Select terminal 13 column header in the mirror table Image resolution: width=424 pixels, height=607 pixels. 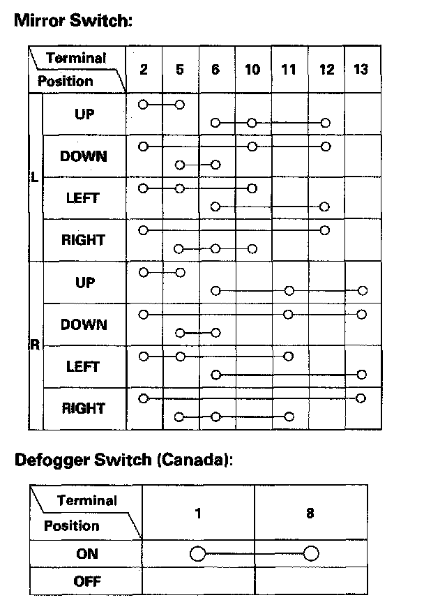coord(361,69)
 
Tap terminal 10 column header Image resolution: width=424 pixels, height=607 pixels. coord(252,69)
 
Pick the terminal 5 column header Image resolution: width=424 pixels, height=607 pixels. coord(180,69)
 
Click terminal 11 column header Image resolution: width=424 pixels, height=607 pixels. coord(289,69)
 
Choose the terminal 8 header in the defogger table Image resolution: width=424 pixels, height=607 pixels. coord(310,513)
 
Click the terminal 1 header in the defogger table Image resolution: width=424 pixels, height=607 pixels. coord(198,513)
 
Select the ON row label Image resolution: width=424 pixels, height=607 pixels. coord(86,554)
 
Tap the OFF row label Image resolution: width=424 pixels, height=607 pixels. coord(86,580)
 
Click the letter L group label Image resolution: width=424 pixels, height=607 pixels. coord(34,177)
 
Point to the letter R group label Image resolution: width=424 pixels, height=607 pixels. coord(34,345)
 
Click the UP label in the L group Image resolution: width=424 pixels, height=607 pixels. coord(84,114)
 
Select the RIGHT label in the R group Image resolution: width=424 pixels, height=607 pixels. coord(84,408)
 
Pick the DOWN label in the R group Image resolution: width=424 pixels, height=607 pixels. coord(84,324)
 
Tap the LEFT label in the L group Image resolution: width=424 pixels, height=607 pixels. coord(83,198)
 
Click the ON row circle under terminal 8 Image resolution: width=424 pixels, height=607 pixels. coord(310,554)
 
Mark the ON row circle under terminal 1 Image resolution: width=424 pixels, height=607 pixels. coord(198,554)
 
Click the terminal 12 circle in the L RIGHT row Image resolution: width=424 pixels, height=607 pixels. coord(325,230)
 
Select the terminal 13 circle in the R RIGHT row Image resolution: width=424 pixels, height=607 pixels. coord(361,398)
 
